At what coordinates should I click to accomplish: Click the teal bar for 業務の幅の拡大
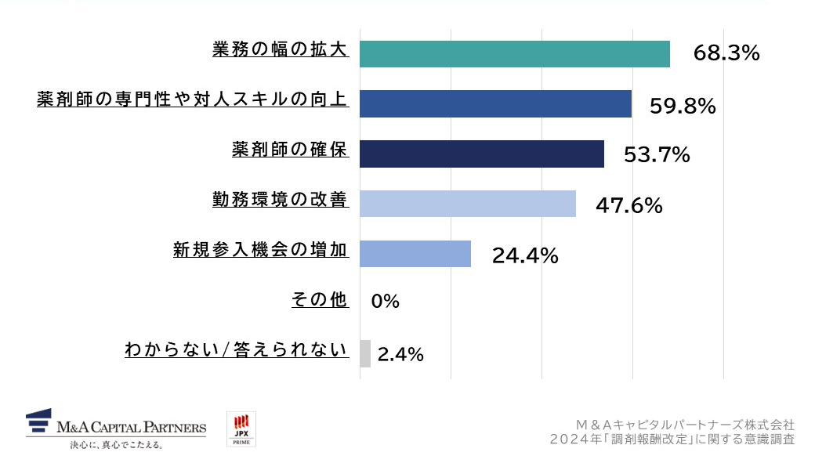coord(514,54)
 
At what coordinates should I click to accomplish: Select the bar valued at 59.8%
coord(495,104)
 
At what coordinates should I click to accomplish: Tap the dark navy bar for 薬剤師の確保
coord(481,154)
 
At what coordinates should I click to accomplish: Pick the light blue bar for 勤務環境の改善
coord(467,204)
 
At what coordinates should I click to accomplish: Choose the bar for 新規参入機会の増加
coord(415,254)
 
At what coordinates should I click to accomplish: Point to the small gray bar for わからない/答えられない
coord(364,354)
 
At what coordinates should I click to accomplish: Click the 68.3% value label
coord(726,54)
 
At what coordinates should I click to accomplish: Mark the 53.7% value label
coord(656,155)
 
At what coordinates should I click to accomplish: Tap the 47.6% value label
coord(628,206)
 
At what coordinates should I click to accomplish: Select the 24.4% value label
coord(524,256)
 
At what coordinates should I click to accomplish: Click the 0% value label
coord(385,302)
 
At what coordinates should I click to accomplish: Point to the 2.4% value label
coord(400,355)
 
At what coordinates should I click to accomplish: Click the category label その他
coord(319,299)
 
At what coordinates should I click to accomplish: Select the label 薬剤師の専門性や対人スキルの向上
coord(192,100)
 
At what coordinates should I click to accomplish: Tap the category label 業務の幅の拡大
coord(280,49)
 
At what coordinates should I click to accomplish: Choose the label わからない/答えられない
coord(236,350)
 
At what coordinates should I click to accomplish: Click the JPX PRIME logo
coord(241,430)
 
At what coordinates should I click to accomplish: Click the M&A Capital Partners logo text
coord(131,428)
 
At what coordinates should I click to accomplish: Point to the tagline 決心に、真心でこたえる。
coord(116,446)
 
